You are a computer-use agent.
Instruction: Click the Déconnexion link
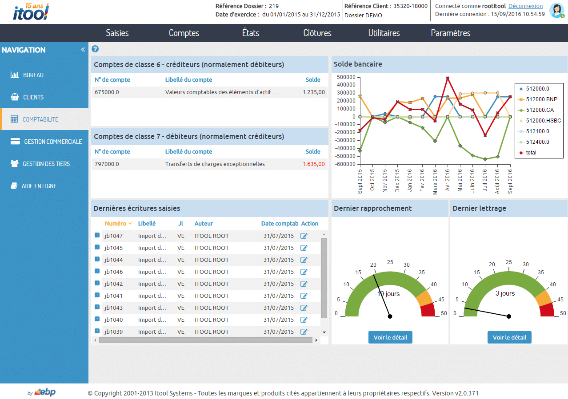(x=525, y=6)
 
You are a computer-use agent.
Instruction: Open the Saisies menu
(x=117, y=33)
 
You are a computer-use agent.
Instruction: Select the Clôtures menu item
(x=317, y=33)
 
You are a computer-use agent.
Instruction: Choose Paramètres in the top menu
(x=451, y=33)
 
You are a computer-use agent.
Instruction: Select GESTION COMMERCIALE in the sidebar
(x=52, y=142)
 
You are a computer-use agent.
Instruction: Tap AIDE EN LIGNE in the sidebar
(x=39, y=186)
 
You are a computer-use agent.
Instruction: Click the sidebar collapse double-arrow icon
(x=83, y=50)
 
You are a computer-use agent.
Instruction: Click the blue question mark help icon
(x=95, y=49)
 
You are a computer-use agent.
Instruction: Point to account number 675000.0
(x=107, y=92)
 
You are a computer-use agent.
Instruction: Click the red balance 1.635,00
(x=313, y=164)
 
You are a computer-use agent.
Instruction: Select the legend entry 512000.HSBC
(x=543, y=121)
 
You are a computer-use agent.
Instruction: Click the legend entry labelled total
(x=531, y=153)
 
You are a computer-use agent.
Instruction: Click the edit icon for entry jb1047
(x=304, y=236)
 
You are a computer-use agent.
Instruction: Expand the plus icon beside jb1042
(x=97, y=283)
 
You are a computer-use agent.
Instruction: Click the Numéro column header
(x=116, y=224)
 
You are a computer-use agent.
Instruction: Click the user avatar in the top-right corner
(x=556, y=10)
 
